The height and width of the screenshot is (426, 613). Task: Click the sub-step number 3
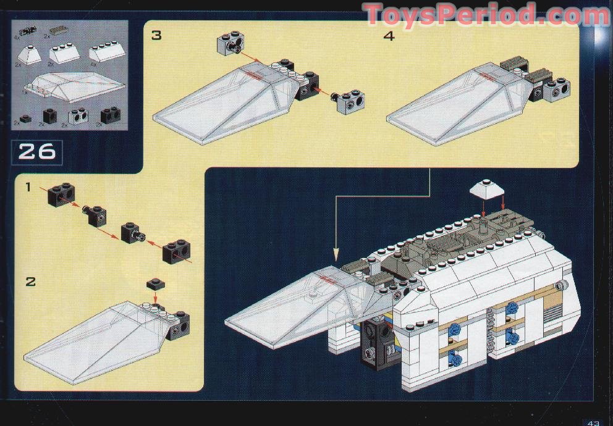tap(156, 35)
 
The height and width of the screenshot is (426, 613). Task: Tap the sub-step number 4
tap(389, 35)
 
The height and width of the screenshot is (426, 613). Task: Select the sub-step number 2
tap(30, 282)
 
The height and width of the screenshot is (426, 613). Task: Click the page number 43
tap(594, 422)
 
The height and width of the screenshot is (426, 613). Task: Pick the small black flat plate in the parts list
tap(25, 118)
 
